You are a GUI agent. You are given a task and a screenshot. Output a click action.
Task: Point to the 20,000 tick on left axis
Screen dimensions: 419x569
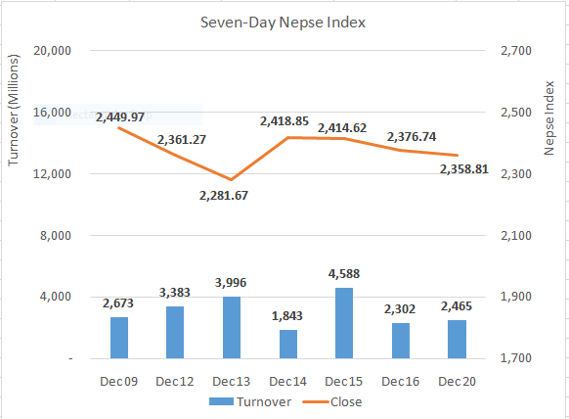click(51, 51)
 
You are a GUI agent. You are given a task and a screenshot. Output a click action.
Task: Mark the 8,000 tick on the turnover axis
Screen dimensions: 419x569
click(56, 236)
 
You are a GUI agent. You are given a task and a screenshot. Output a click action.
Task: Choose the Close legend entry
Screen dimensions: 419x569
click(337, 401)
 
